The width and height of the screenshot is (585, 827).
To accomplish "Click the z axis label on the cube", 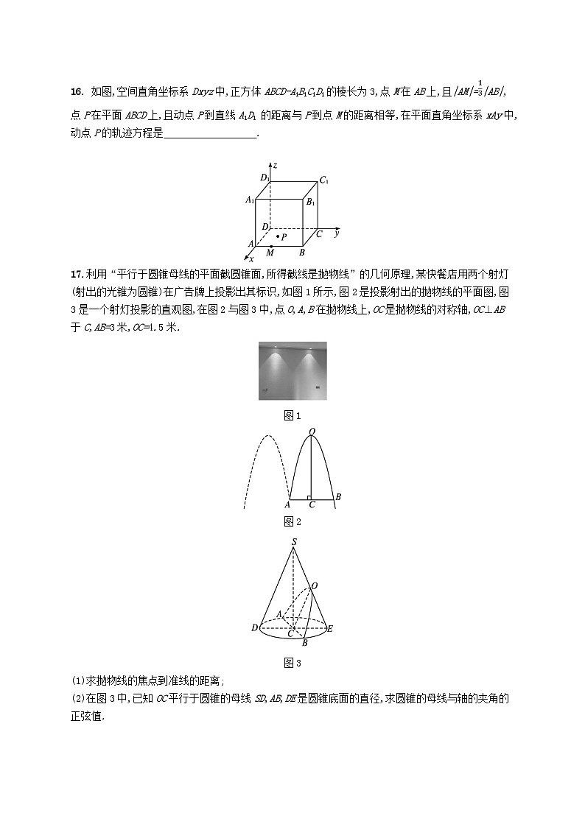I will pyautogui.click(x=273, y=166).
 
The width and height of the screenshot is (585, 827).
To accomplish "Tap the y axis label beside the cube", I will pyautogui.click(x=336, y=233).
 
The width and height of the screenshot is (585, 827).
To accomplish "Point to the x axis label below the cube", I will pyautogui.click(x=251, y=259).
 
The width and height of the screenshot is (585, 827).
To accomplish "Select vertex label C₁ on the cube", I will pyautogui.click(x=323, y=180).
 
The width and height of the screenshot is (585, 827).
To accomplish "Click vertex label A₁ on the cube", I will pyautogui.click(x=250, y=200).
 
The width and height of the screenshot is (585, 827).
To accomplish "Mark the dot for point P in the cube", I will pyautogui.click(x=279, y=236).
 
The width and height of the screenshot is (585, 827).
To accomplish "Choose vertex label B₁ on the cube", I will pyautogui.click(x=310, y=202).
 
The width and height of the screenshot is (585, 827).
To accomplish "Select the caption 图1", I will pyautogui.click(x=292, y=416).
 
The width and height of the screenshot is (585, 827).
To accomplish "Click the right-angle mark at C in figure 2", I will pyautogui.click(x=309, y=497).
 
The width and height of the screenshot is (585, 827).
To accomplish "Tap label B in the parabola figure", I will pyautogui.click(x=337, y=497).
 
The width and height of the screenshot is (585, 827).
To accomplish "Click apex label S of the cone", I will pyautogui.click(x=293, y=543).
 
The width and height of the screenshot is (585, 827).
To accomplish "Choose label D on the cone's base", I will pyautogui.click(x=254, y=628).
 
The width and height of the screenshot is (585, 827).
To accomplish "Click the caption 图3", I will pyautogui.click(x=292, y=663).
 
